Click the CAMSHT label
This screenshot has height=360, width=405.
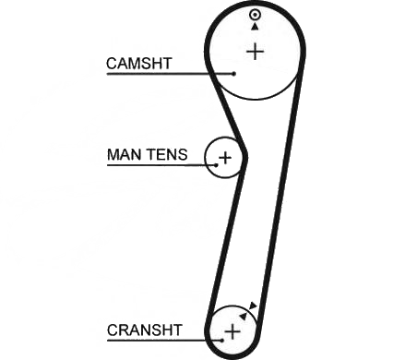[x=138, y=64]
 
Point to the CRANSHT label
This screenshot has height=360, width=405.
[x=145, y=330]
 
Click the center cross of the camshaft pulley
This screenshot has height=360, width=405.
[x=256, y=52]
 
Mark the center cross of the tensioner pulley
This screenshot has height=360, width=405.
[x=225, y=158]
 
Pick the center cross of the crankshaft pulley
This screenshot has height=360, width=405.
[x=232, y=331]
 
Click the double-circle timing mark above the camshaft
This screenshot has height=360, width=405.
[x=255, y=15]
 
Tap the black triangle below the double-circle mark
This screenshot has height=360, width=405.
[x=255, y=27]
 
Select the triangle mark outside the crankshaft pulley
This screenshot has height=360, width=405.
[x=253, y=306]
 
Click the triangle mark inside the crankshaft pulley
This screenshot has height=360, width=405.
[x=244, y=316]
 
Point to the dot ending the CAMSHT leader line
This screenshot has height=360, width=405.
[x=234, y=74]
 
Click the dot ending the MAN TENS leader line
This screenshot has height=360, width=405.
[x=216, y=165]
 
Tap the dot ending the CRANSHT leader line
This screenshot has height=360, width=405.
[x=222, y=340]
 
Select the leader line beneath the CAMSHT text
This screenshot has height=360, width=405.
[x=170, y=74]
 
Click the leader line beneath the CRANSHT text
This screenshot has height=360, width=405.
[x=163, y=341]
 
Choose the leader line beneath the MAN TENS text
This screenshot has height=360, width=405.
[x=161, y=165]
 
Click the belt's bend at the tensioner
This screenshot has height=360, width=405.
[x=244, y=156]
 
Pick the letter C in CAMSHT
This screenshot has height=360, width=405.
[x=112, y=64]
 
